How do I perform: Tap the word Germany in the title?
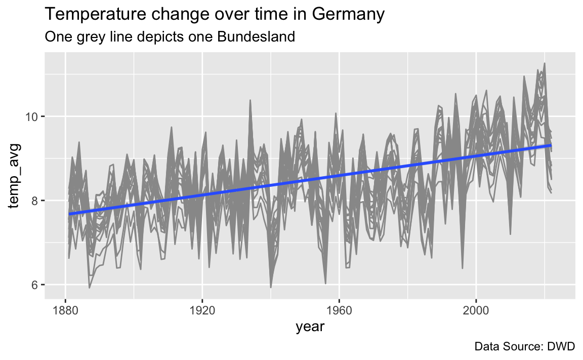coord(348,15)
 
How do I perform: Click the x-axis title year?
coord(310,327)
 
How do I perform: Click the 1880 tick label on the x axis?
coord(65,310)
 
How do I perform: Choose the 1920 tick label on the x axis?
coord(202,310)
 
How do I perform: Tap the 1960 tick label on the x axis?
coord(339,310)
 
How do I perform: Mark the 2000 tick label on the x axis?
coord(476,310)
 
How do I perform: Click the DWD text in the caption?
coord(561,346)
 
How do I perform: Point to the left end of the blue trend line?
coord(69,214)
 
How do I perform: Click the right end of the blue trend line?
coord(551,145)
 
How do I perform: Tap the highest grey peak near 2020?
coord(545,64)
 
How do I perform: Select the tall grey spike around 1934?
coord(250,100)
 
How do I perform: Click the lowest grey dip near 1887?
coord(89,287)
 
